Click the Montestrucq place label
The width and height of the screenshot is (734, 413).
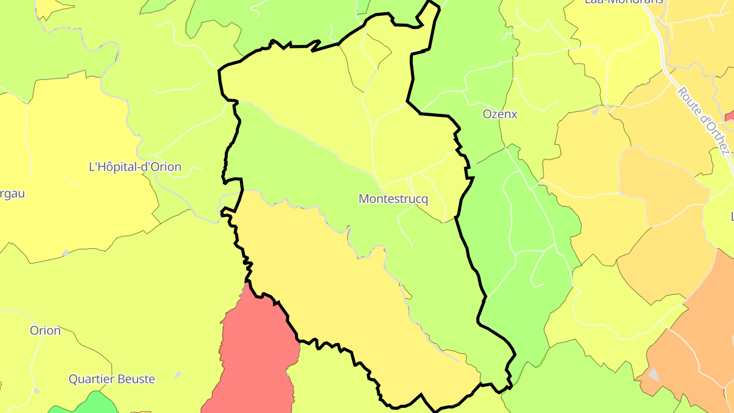(x=394, y=199)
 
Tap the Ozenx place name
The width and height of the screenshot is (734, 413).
(x=500, y=114)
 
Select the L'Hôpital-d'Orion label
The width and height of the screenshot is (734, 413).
(x=135, y=167)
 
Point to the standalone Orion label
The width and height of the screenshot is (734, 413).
(x=45, y=330)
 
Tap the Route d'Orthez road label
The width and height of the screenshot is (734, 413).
(x=703, y=121)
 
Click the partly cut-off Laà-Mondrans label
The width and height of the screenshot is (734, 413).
(x=624, y=2)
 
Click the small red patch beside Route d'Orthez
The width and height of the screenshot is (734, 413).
(x=730, y=117)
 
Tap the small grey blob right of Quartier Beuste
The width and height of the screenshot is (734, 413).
(x=177, y=375)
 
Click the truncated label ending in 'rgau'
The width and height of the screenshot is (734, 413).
(x=12, y=194)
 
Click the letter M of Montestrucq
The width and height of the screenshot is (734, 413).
(x=364, y=199)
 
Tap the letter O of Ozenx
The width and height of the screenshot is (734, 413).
(x=487, y=114)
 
